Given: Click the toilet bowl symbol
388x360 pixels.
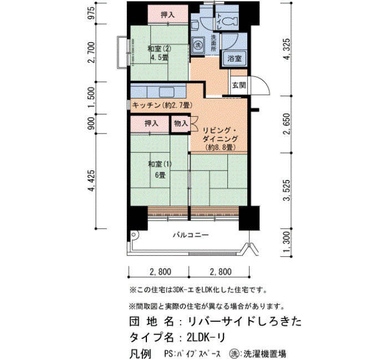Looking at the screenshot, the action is tap(230, 22).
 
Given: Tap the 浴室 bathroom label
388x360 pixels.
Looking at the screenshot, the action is tap(234, 59).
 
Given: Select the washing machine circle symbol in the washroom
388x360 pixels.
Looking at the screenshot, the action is tap(197, 45).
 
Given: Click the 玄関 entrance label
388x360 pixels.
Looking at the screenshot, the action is tap(239, 85).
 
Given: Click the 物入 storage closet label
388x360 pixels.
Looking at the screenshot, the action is tap(181, 123).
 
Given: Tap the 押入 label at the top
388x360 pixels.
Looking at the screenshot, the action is tap(168, 15).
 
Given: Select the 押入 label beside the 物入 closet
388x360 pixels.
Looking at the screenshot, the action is tap(151, 123).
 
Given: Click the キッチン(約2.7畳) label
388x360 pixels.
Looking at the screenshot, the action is tap(162, 105).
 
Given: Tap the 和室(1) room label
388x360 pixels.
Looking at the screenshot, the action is tap(160, 164).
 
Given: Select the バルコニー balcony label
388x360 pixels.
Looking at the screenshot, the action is tap(191, 235).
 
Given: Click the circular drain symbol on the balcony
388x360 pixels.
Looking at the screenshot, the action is tap(134, 235).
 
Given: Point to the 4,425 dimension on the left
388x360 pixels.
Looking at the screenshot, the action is tap(91, 181).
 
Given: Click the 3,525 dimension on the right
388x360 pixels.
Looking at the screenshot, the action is tap(287, 191).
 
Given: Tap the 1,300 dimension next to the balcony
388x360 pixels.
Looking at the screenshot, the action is tap(287, 243).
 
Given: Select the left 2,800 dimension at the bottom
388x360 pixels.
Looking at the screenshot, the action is tap(160, 272).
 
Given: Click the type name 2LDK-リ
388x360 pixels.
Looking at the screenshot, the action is tap(206, 337).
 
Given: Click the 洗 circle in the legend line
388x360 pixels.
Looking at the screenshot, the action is tap(234, 353).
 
